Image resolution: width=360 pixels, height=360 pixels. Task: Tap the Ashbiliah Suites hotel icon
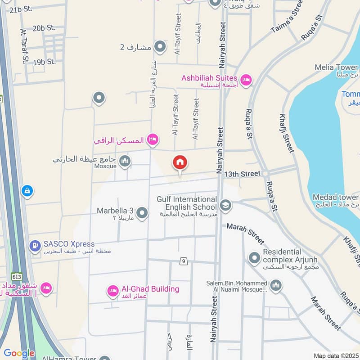click(x=246, y=81)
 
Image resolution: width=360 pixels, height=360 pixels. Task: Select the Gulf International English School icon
click(x=225, y=206)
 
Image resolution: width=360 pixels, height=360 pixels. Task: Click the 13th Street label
click(x=242, y=174)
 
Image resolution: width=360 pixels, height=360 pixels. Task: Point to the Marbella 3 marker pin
click(x=142, y=213)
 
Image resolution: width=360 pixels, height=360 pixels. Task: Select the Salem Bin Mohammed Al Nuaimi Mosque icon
click(x=276, y=285)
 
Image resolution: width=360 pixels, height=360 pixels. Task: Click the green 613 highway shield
click(x=17, y=276)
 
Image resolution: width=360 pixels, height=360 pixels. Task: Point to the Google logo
click(x=19, y=353)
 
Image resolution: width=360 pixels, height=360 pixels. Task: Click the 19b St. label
click(x=44, y=62)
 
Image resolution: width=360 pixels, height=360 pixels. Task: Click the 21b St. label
click(x=21, y=9)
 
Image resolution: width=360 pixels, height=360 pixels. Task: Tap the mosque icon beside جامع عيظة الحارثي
click(x=125, y=161)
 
